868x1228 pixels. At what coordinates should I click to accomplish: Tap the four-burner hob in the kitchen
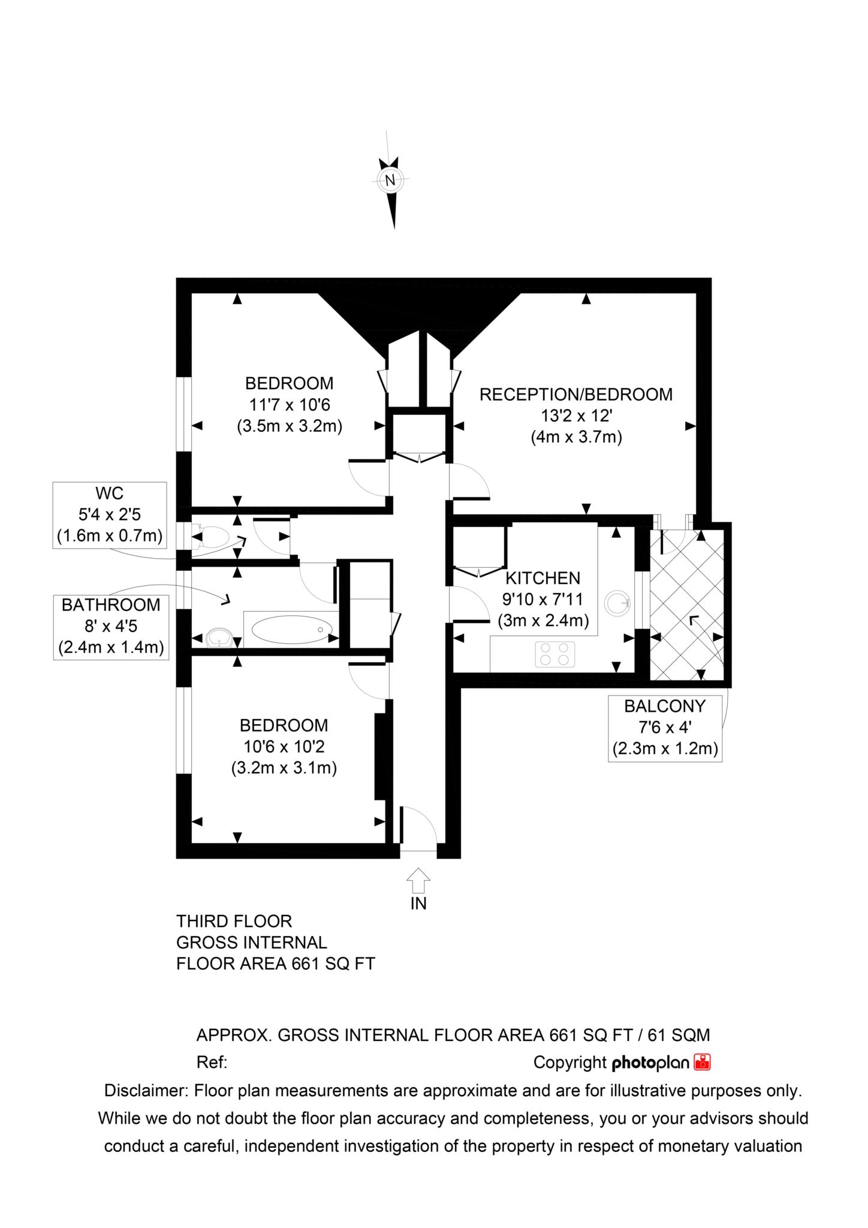pyautogui.click(x=555, y=654)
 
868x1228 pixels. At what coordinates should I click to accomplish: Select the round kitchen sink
pyautogui.click(x=617, y=603)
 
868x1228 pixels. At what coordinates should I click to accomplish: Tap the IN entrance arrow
pyautogui.click(x=418, y=881)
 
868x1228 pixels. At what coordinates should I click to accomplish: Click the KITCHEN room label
pyautogui.click(x=543, y=578)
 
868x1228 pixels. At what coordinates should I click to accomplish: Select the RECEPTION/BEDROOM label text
pyautogui.click(x=576, y=395)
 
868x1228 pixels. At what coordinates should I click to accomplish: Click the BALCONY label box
pyautogui.click(x=665, y=728)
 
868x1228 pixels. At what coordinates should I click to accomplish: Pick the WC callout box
pyautogui.click(x=110, y=514)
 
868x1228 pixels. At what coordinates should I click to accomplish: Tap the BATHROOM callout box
pyautogui.click(x=111, y=627)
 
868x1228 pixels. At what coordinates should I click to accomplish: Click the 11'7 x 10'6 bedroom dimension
pyautogui.click(x=290, y=405)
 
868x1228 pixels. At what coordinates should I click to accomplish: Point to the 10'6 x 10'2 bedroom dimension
pyautogui.click(x=284, y=747)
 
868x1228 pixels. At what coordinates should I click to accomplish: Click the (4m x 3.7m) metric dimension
pyautogui.click(x=576, y=437)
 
